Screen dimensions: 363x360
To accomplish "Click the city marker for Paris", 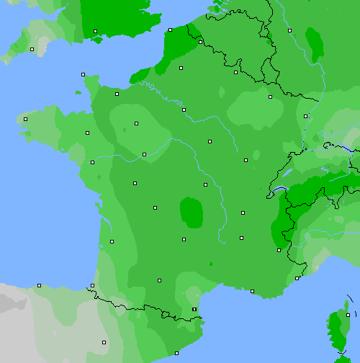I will (x=184, y=110).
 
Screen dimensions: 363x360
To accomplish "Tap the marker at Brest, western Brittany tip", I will (x=25, y=119).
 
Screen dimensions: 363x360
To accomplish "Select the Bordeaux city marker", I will (x=112, y=241).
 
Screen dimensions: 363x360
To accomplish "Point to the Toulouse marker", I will (x=159, y=280).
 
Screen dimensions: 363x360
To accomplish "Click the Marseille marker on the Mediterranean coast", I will (x=252, y=291).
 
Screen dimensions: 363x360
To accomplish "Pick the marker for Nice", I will (x=297, y=278).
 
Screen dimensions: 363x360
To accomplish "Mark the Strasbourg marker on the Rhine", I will (x=305, y=115).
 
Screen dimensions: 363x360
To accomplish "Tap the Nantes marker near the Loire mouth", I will (x=92, y=162).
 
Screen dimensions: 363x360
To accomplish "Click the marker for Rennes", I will (x=87, y=133).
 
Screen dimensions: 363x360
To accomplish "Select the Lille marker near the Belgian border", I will (x=200, y=42).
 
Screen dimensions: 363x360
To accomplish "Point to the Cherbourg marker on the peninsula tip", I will (x=83, y=74).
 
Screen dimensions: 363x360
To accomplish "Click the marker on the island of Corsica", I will (x=347, y=315).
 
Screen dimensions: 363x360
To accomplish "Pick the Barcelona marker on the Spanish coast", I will (x=176, y=353).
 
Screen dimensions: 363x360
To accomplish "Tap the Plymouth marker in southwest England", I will (x=32, y=49).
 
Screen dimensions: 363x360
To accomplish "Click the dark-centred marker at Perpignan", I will (x=194, y=309).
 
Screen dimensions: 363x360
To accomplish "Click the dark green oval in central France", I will (x=191, y=212).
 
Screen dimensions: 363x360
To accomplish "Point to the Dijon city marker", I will (x=246, y=160).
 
